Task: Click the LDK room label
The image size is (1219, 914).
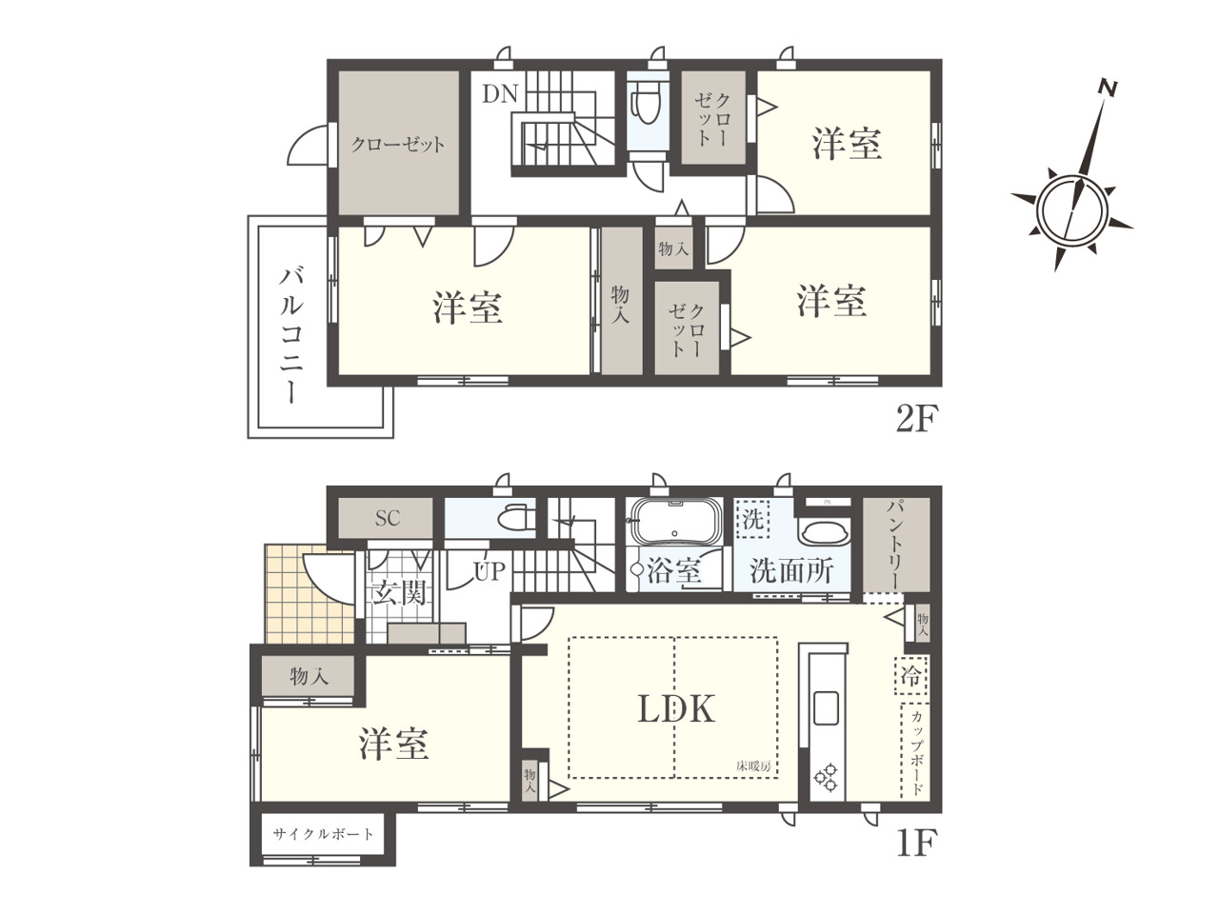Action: [x=676, y=708]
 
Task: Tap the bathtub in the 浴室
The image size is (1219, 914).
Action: [x=675, y=521]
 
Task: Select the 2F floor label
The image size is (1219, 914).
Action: [x=916, y=419]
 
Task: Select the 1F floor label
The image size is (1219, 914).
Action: [x=916, y=843]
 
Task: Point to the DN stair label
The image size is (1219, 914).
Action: [x=500, y=94]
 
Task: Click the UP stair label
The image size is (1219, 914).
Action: [x=490, y=571]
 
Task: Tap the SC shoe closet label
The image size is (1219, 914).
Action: [x=387, y=518]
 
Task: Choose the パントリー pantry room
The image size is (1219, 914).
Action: [x=896, y=545]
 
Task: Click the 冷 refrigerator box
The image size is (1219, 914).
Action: [x=910, y=676]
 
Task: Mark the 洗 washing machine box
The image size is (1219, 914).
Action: [x=752, y=519]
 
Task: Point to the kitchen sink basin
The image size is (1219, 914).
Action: [x=826, y=708]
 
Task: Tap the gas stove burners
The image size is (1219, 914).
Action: [x=826, y=777]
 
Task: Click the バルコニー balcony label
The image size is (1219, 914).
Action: [x=291, y=334]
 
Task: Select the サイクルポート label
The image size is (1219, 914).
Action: [x=323, y=834]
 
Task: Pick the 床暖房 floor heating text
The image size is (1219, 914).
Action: [x=753, y=767]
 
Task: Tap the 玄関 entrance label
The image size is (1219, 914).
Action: [x=399, y=593]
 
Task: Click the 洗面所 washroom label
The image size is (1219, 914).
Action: [x=791, y=571]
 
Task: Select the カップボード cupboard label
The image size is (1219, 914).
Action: [x=917, y=753]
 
